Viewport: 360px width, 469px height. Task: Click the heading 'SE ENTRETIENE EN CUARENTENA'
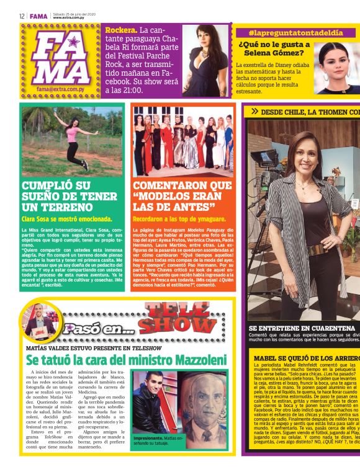pyautogui.click(x=302, y=328)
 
